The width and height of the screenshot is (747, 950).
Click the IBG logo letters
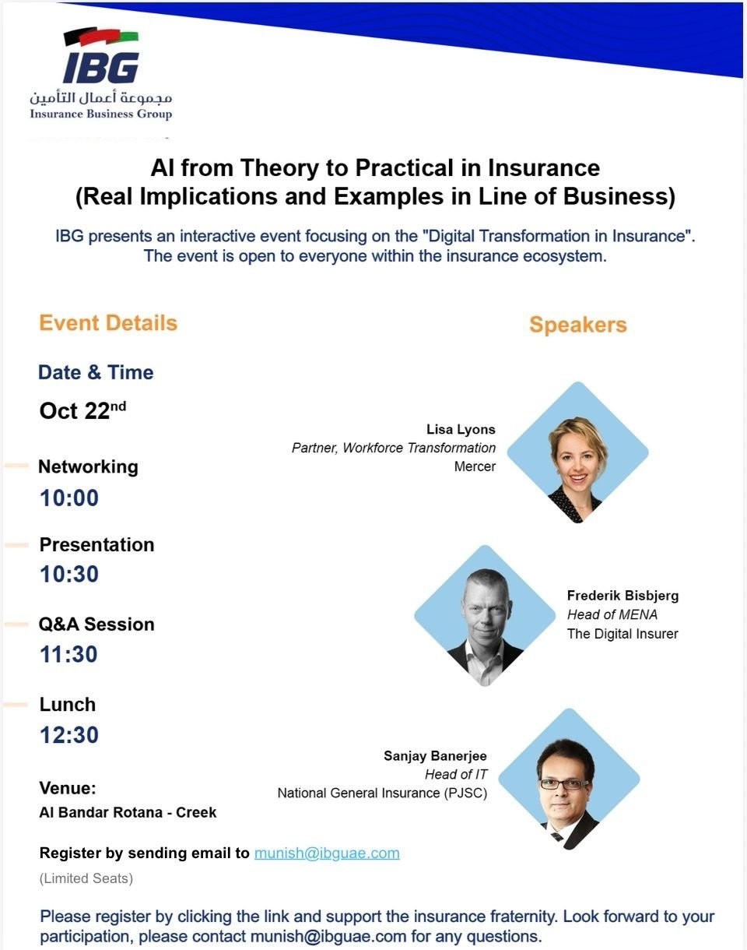coord(101,68)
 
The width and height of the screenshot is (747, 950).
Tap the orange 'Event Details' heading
coord(108,322)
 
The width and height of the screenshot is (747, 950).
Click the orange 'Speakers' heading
coord(578,325)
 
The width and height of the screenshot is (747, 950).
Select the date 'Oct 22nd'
coord(82,410)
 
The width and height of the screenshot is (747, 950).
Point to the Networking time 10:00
coord(69,498)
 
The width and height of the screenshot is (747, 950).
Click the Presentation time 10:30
coord(69,574)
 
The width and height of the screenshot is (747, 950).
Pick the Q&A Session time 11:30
coord(68,654)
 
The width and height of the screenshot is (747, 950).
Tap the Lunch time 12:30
coord(69,735)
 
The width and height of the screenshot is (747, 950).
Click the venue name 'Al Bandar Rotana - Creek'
coord(128,812)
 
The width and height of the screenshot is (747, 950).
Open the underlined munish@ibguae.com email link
coord(327,853)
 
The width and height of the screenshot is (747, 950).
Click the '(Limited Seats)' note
coord(86,878)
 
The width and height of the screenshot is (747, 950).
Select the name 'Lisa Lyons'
coord(461,430)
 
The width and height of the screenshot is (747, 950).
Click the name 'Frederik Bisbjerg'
coord(622,596)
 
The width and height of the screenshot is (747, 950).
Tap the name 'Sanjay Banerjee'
coord(435,756)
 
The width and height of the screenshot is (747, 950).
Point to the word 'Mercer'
coord(475,466)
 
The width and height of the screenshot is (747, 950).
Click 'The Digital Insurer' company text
coord(622,634)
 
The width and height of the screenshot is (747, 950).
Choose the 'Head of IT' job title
coord(456,774)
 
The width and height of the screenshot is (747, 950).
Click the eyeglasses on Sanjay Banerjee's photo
coord(565,784)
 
